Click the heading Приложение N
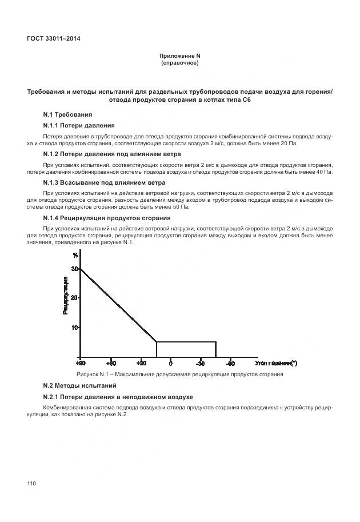180,55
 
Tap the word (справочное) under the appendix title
180,63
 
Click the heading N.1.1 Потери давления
79,125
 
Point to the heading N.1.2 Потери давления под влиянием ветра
112,154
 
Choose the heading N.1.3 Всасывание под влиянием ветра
104,182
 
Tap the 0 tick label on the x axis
171,363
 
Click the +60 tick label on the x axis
111,363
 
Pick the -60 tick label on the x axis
230,363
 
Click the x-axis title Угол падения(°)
276,363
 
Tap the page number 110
31,484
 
